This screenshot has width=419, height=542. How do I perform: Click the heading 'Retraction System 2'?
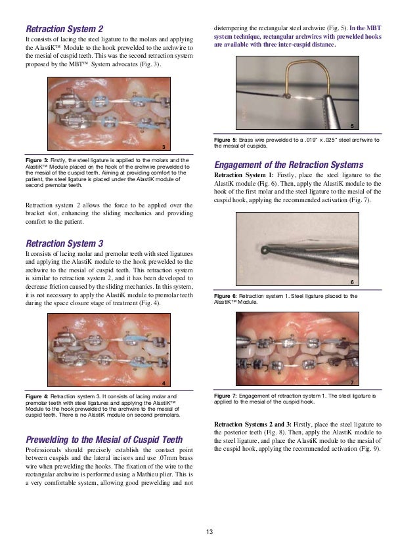(x=64, y=30)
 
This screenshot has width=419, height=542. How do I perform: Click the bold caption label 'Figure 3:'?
(x=40, y=159)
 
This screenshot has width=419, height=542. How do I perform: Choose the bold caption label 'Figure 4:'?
(x=40, y=397)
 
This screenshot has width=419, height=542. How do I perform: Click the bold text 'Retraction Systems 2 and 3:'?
(x=257, y=423)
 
